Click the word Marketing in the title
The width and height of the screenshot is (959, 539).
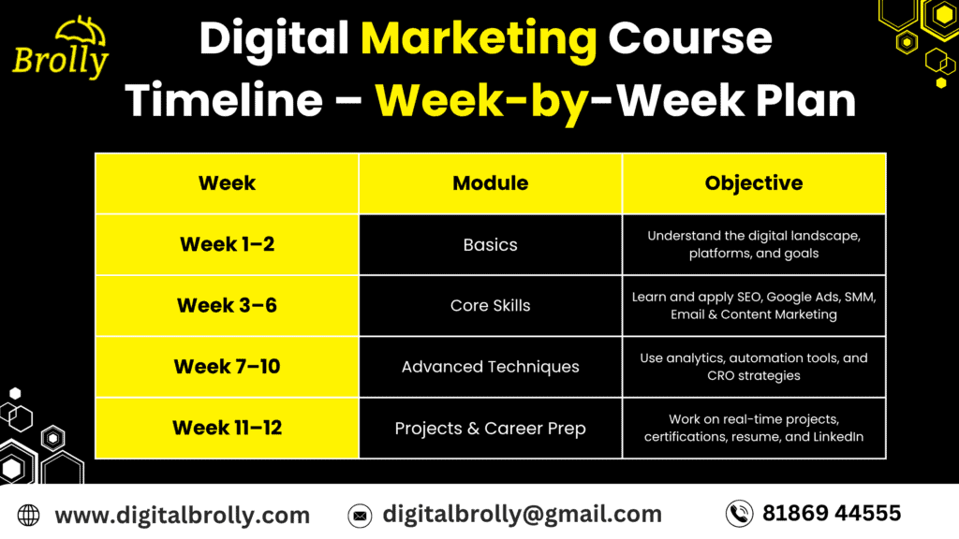[x=479, y=39]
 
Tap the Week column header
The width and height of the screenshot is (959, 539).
[x=227, y=183]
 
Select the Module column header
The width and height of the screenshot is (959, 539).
[x=490, y=183]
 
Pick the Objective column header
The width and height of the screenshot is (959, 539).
[x=753, y=183]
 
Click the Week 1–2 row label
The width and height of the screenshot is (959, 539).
[x=227, y=244]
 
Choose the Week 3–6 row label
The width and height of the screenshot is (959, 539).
[x=227, y=305]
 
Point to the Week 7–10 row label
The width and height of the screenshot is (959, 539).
[x=227, y=367]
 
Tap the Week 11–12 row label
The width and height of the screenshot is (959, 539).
[x=227, y=428]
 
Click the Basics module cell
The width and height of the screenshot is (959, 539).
[x=490, y=244]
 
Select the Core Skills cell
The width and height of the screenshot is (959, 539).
[x=490, y=305]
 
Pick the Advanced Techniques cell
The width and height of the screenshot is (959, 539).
[x=490, y=367]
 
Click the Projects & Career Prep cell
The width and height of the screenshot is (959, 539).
[x=490, y=428]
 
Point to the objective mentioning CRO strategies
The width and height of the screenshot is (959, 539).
[x=753, y=367]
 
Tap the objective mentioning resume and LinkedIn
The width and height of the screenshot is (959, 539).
[x=753, y=428]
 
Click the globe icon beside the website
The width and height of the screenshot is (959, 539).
[x=29, y=515]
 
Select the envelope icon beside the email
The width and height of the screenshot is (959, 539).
[x=359, y=515]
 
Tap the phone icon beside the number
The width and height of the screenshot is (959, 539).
[x=739, y=513]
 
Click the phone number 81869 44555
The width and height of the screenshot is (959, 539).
[x=831, y=513]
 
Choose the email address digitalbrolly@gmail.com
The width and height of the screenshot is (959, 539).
[x=522, y=514]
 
